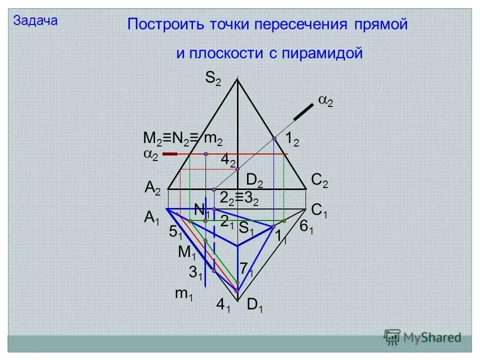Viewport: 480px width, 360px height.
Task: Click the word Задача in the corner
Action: (35, 20)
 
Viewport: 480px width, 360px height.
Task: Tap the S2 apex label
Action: (212, 78)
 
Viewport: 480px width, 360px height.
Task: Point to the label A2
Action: (152, 188)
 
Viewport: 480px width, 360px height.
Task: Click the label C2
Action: (319, 180)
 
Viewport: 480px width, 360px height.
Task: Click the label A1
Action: (152, 217)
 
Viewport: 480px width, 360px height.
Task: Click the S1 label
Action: (246, 228)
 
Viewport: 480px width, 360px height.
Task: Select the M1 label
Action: (187, 253)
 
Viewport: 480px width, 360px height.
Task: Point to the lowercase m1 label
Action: (183, 295)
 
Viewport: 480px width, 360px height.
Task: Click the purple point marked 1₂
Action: (274, 138)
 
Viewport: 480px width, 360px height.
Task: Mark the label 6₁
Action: (306, 227)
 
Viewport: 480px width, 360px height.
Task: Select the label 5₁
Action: (175, 232)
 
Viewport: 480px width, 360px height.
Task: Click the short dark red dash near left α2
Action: (170, 154)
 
